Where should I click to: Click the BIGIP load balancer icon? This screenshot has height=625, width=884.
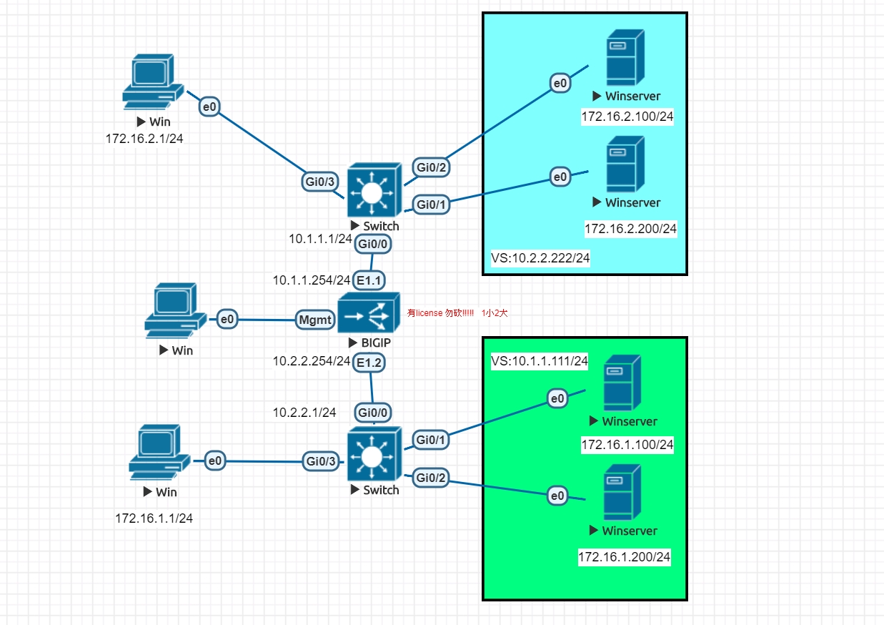coord(368,313)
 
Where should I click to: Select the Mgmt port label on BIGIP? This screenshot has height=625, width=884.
coord(315,320)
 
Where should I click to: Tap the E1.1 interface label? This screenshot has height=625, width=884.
coord(369,280)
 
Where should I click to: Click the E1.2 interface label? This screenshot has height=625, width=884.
coord(369,363)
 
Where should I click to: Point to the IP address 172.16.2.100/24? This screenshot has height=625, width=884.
coord(627,117)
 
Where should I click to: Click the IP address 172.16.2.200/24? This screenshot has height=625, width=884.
coord(630,229)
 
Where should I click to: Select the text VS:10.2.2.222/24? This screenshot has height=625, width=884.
coord(540,257)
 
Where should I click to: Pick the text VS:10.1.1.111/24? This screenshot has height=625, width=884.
coord(540,361)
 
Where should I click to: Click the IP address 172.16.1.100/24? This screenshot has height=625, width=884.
coord(627,445)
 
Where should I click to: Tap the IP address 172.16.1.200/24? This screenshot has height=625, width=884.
coord(624,557)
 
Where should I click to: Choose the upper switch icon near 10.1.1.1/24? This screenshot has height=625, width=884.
coord(372,191)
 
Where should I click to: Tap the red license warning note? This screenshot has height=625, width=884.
coord(457,313)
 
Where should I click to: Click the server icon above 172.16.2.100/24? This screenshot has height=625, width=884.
coord(625,58)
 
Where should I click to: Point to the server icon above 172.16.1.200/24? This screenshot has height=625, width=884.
coord(622,493)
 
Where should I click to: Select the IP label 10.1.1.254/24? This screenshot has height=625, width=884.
coord(312,280)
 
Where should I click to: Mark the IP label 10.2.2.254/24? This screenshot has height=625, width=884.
coord(312,361)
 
